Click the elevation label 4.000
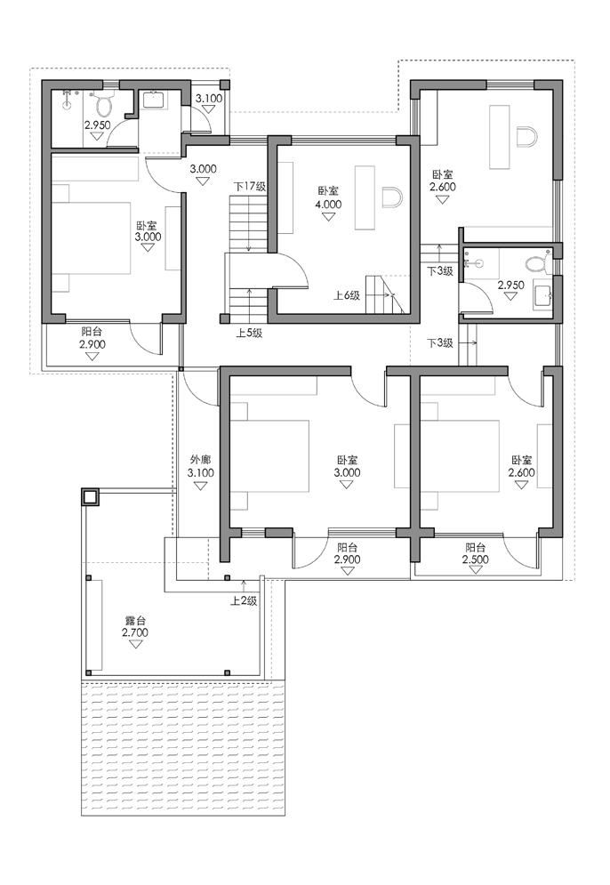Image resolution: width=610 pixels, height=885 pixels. click(x=328, y=205)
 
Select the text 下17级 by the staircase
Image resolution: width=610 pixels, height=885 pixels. click(x=249, y=186)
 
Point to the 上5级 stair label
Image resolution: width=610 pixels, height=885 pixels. click(x=249, y=333)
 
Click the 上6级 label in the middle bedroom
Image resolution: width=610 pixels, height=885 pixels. click(x=347, y=295)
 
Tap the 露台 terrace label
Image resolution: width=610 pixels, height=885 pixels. click(x=135, y=621)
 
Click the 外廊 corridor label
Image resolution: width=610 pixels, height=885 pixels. click(x=200, y=461)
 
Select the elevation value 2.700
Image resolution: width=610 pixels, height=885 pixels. click(x=135, y=632)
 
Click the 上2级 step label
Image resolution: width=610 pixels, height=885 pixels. click(x=244, y=601)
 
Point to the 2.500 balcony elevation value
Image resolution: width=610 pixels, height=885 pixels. click(x=476, y=559)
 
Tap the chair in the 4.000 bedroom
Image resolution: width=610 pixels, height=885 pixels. click(x=391, y=197)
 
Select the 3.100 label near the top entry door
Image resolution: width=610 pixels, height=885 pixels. click(x=209, y=98)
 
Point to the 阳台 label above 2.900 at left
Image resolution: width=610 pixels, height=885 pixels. click(x=92, y=332)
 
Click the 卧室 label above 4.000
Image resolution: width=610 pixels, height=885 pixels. click(x=328, y=192)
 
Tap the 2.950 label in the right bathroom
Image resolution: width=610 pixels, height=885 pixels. click(x=511, y=285)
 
